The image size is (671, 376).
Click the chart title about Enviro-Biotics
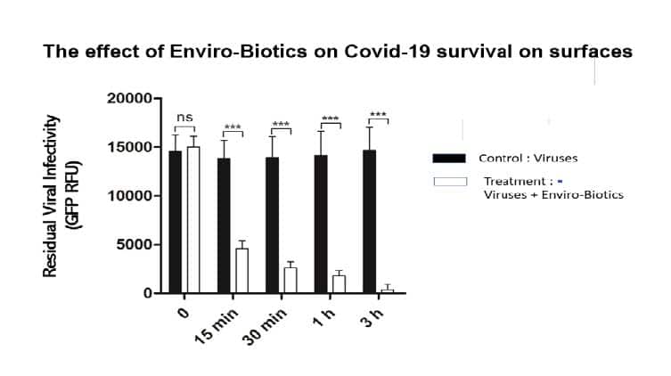(x=338, y=52)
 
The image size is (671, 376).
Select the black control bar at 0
(x=176, y=222)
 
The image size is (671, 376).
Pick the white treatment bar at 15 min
(x=241, y=271)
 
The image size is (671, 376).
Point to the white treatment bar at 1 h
(x=339, y=284)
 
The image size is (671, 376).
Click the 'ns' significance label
(x=184, y=117)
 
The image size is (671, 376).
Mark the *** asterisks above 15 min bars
(x=233, y=127)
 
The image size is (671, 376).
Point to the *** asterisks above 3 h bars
(x=378, y=115)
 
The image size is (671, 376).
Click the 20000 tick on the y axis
(x=129, y=98)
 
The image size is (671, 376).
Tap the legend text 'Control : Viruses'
(x=528, y=159)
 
